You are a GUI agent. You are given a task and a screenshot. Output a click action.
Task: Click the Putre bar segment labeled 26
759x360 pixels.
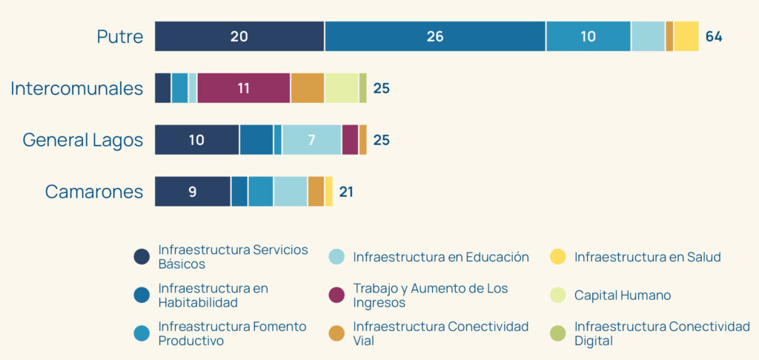[x=435, y=36]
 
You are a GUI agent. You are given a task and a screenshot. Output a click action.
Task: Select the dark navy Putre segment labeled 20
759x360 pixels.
[x=239, y=36]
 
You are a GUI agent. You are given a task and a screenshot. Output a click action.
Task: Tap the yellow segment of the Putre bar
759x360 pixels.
[x=686, y=36]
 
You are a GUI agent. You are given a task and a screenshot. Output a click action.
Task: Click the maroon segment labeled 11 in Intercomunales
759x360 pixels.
[x=244, y=88]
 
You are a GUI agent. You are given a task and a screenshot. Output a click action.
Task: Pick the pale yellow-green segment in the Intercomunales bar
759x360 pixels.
[x=342, y=88]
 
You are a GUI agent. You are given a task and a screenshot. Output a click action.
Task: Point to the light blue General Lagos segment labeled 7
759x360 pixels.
[x=311, y=139]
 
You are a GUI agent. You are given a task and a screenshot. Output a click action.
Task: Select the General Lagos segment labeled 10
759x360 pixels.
[x=196, y=139]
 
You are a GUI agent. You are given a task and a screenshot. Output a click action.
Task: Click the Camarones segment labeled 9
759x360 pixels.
[x=193, y=191]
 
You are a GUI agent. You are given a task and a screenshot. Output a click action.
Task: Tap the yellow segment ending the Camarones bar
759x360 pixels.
[x=328, y=191]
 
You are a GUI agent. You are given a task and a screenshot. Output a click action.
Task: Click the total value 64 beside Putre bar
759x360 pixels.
[x=714, y=36]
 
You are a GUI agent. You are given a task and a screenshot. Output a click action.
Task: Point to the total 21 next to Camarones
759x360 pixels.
[x=346, y=192]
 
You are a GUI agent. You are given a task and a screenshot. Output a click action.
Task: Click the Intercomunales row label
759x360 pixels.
[x=77, y=88]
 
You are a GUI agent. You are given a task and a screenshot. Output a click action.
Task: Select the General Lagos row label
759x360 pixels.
[x=83, y=139]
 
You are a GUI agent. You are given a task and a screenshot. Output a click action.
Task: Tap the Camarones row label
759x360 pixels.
[x=94, y=191]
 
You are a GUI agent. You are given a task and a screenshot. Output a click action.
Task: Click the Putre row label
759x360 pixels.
[x=120, y=36]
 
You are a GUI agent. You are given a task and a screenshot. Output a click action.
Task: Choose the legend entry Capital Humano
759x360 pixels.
[x=623, y=295]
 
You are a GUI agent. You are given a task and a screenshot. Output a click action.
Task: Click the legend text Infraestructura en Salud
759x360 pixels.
[x=647, y=257]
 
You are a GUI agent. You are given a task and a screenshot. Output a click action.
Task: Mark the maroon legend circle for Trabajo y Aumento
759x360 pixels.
[x=337, y=295]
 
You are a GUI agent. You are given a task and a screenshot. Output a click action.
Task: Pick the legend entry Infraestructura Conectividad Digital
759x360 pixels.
[x=662, y=333]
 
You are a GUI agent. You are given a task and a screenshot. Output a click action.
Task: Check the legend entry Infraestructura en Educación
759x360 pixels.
[x=441, y=257]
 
